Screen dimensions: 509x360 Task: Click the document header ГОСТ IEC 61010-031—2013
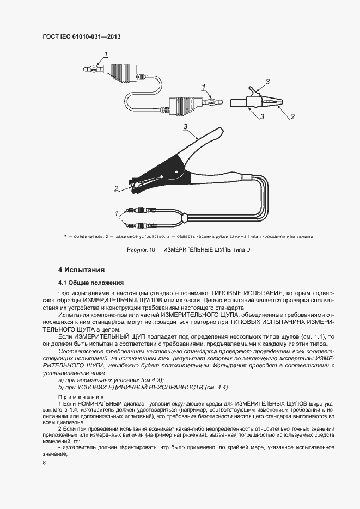pos(81,37)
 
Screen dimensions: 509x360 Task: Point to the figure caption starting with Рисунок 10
pos(180,249)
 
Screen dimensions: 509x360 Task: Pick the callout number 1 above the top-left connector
pos(107,53)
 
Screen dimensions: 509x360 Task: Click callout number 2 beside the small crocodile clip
pos(292,116)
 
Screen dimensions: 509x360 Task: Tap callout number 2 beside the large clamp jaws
pos(116,188)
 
